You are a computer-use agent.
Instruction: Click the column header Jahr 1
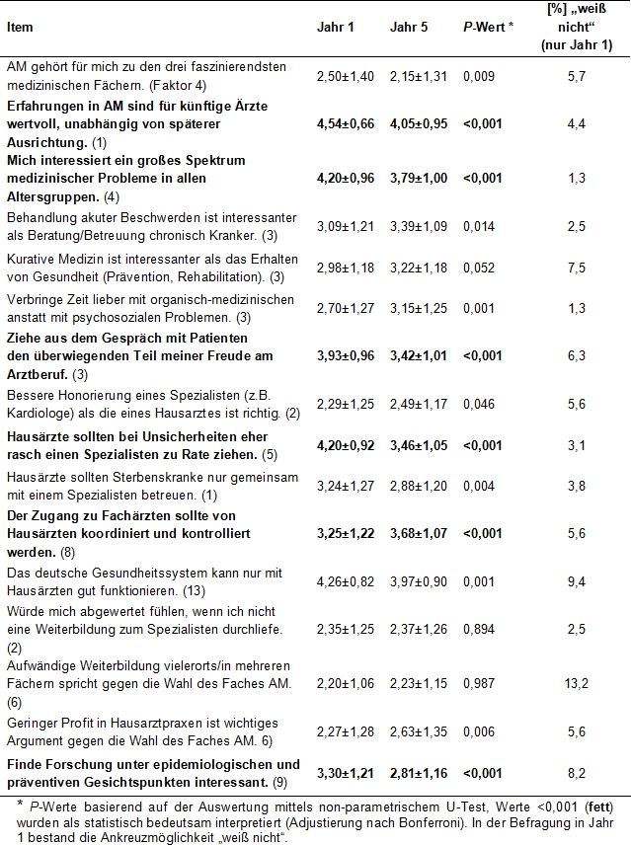pyautogui.click(x=336, y=27)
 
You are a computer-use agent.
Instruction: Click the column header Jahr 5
pyautogui.click(x=409, y=27)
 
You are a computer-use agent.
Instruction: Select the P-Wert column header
pyautogui.click(x=489, y=27)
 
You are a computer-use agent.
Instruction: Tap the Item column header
pyautogui.click(x=20, y=27)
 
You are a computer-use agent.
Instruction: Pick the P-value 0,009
pyautogui.click(x=480, y=75)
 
